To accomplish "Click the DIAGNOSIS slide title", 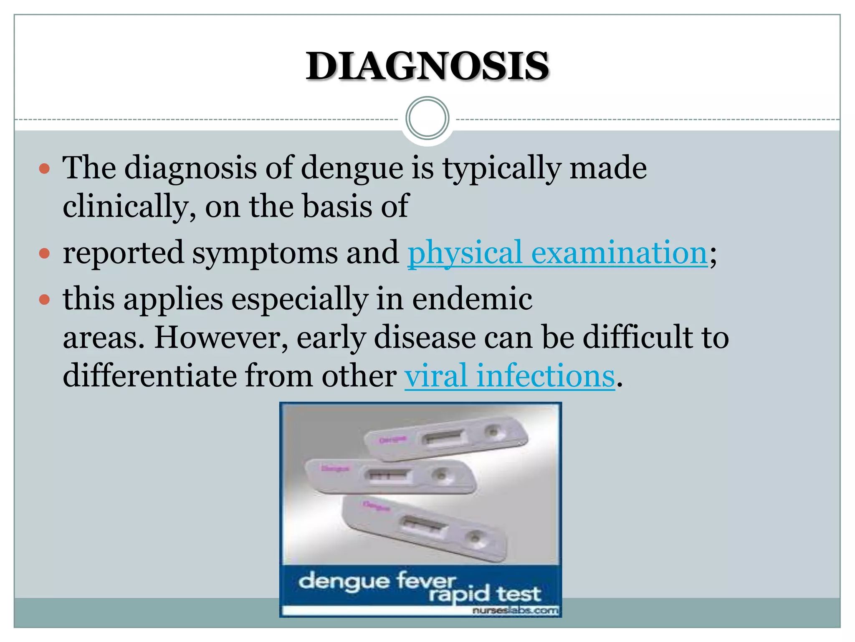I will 427,66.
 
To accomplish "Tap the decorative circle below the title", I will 427,118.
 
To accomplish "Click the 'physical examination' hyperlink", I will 557,253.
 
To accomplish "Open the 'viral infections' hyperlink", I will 509,375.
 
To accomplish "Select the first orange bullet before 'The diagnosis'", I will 44,169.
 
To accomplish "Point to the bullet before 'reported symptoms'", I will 44,254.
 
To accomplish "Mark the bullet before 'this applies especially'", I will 44,300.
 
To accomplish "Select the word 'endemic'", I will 472,299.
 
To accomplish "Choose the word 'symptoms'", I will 265,253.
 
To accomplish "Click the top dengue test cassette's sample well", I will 493,431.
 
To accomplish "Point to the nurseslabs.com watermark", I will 515,611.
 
